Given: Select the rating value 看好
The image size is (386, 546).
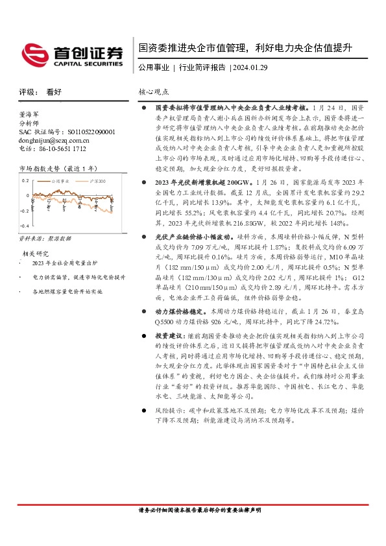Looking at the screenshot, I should [x=54, y=92].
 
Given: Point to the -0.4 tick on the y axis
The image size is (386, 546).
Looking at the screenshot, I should [x=24, y=225].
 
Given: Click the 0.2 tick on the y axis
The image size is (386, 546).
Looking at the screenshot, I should [x=25, y=181].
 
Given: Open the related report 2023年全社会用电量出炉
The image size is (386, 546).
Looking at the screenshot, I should [x=65, y=264].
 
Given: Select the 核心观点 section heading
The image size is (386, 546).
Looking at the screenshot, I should [x=154, y=92].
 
